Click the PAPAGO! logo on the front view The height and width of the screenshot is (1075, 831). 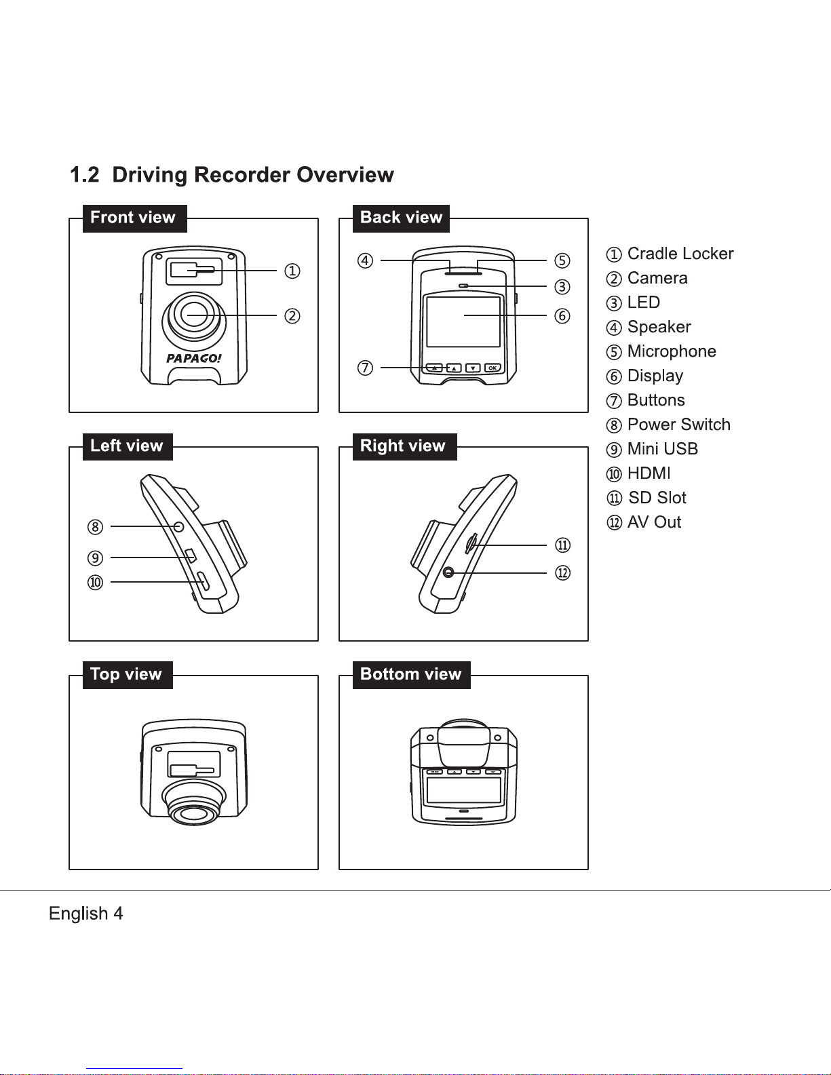(x=194, y=358)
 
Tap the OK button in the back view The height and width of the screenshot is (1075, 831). (x=492, y=368)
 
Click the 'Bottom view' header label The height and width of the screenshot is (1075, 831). (x=411, y=675)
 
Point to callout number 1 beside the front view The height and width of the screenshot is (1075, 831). (x=292, y=271)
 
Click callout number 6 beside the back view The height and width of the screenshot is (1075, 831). (x=562, y=315)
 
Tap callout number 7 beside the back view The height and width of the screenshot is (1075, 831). (x=365, y=368)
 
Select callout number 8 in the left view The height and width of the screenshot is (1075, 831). (x=95, y=527)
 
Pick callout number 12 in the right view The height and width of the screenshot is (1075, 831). (x=562, y=573)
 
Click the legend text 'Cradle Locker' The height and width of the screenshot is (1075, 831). (x=680, y=253)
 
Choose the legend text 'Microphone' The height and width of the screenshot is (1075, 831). (x=672, y=351)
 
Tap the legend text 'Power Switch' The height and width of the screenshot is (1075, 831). (x=678, y=425)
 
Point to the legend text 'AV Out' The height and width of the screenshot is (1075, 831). (x=654, y=522)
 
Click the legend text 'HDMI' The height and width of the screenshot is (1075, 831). (x=649, y=473)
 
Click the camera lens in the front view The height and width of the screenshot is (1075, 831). (x=194, y=315)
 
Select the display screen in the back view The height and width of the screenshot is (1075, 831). (x=463, y=321)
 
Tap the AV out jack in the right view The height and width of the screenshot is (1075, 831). (x=448, y=572)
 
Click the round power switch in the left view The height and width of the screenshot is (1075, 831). (x=178, y=527)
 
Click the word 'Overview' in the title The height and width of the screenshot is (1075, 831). (x=345, y=174)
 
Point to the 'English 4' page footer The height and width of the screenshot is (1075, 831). (x=85, y=913)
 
